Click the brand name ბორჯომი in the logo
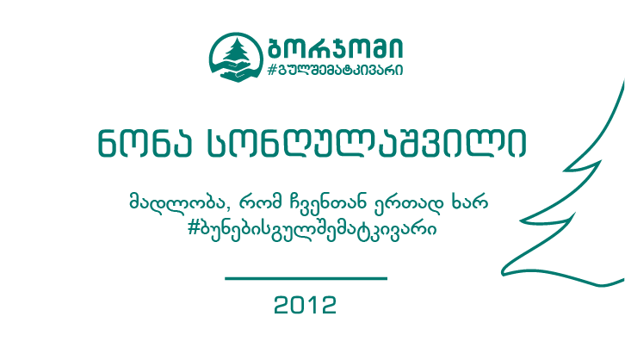[335, 48]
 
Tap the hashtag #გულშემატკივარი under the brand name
[335, 70]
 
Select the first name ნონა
[145, 143]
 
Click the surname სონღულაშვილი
[367, 143]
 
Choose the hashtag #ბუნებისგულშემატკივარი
[312, 228]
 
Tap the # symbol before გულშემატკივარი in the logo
[272, 70]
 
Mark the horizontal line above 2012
[306, 278]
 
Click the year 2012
[306, 305]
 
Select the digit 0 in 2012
[298, 305]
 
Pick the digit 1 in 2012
[312, 305]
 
